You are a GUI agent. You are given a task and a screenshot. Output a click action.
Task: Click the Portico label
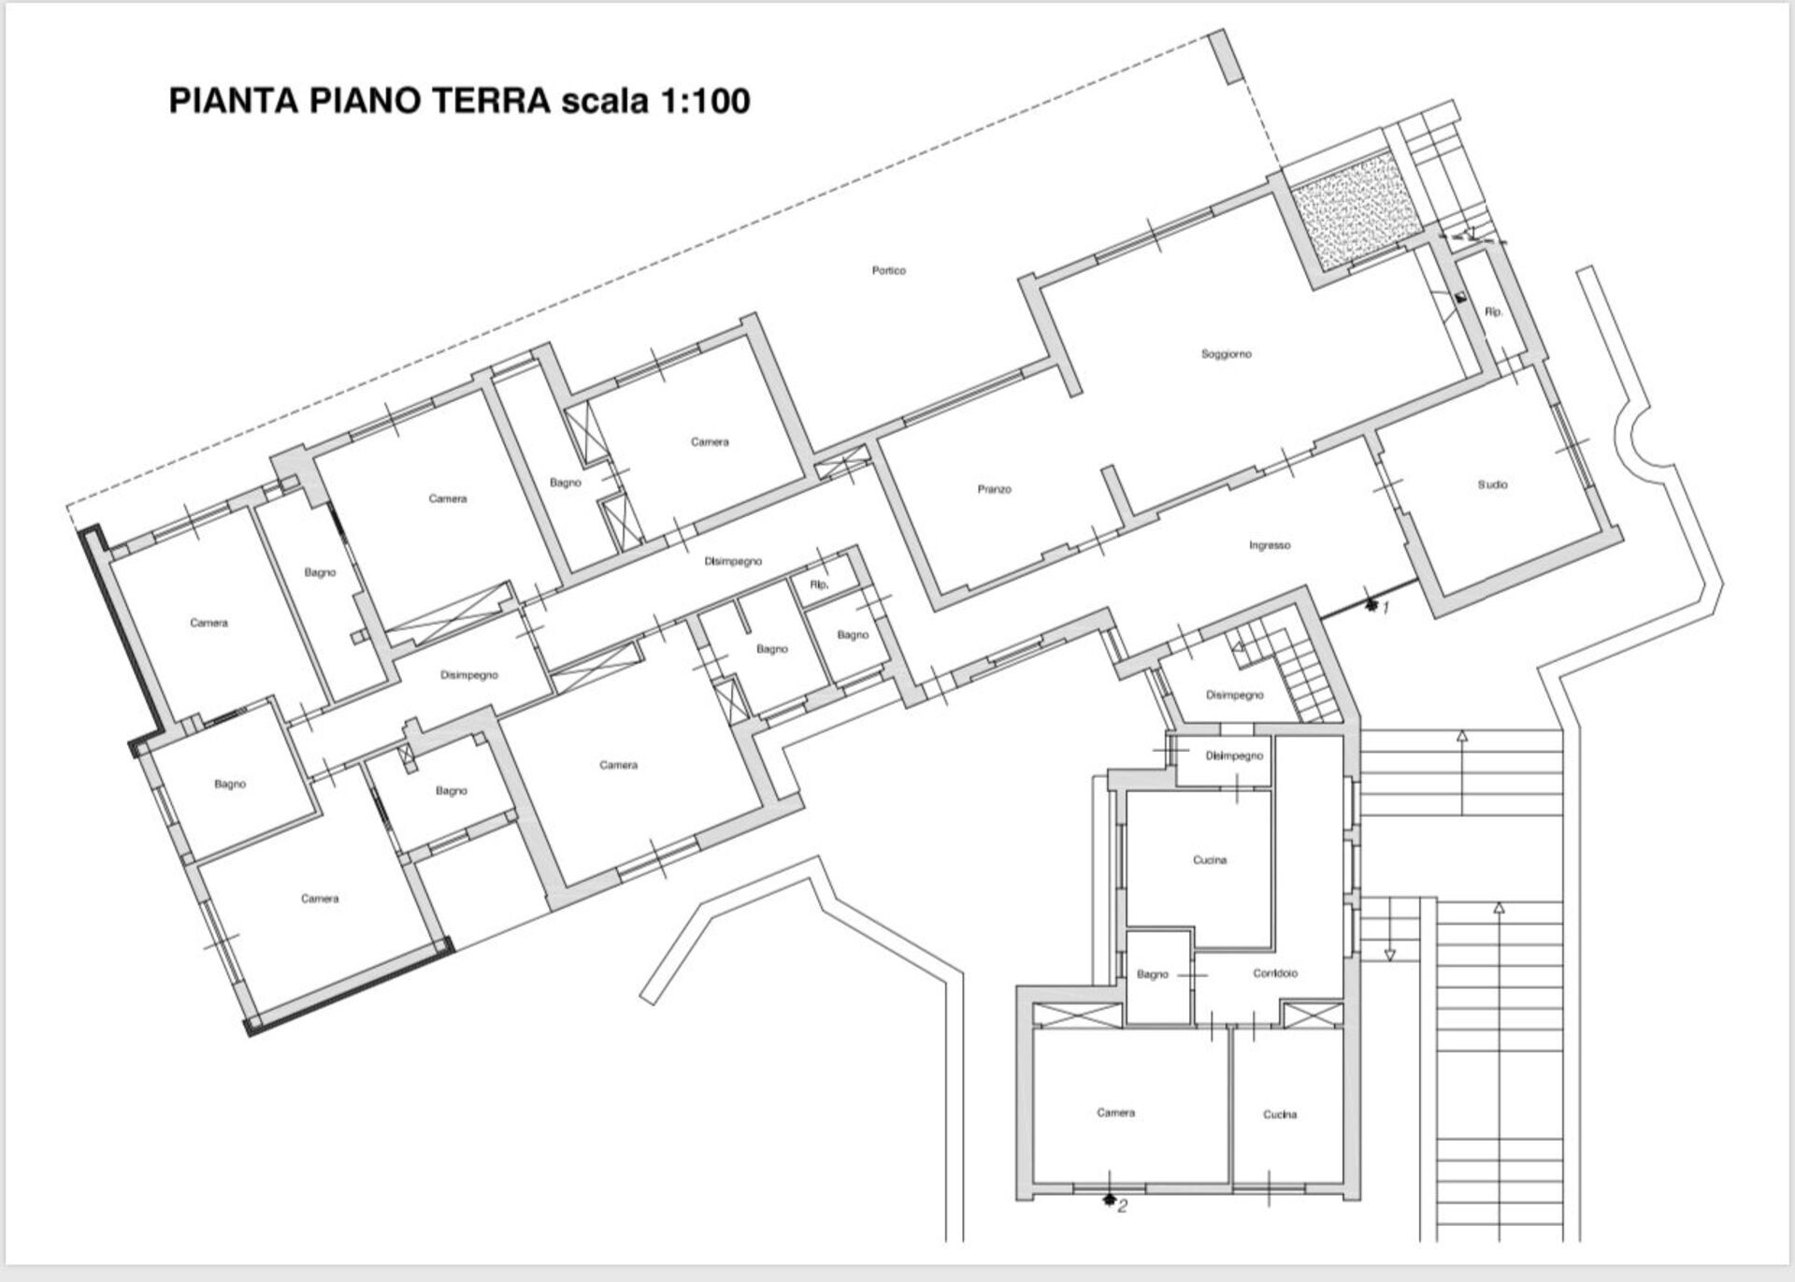pyautogui.click(x=889, y=271)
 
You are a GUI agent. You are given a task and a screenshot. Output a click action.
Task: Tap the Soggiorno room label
pyautogui.click(x=1226, y=354)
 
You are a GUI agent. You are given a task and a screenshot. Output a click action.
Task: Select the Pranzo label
pyautogui.click(x=994, y=489)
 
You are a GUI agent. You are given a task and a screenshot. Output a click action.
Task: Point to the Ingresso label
pyautogui.click(x=1270, y=545)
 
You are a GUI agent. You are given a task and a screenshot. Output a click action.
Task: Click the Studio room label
pyautogui.click(x=1492, y=484)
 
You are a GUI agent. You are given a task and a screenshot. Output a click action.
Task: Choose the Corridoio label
pyautogui.click(x=1275, y=973)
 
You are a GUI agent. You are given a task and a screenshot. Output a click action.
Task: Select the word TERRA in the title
pyautogui.click(x=490, y=101)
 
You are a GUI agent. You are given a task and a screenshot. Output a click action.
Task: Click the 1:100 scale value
pyautogui.click(x=706, y=101)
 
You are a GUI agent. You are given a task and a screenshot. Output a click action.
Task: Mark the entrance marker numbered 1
pyautogui.click(x=1377, y=607)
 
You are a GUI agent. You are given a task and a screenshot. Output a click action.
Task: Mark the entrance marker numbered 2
pyautogui.click(x=1115, y=1203)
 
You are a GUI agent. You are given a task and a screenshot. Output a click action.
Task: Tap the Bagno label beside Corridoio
pyautogui.click(x=1152, y=974)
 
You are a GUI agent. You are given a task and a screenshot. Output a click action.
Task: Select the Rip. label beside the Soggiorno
pyautogui.click(x=1494, y=311)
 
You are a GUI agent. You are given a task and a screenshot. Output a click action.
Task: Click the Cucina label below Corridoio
pyautogui.click(x=1280, y=1115)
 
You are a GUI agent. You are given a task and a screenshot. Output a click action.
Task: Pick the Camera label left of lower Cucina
pyautogui.click(x=1115, y=1113)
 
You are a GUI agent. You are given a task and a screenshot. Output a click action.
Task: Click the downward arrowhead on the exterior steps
pyautogui.click(x=1389, y=955)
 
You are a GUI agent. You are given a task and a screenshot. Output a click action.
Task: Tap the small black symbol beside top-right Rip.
pyautogui.click(x=1460, y=297)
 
